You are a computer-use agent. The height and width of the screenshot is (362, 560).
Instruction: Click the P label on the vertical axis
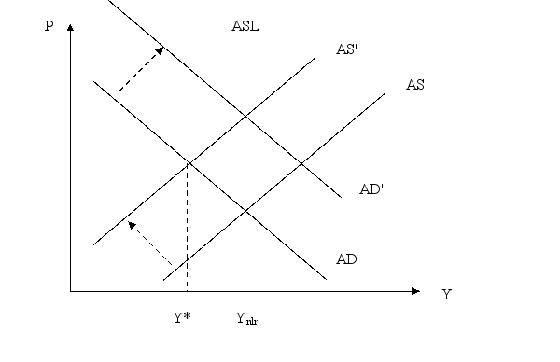coord(49,26)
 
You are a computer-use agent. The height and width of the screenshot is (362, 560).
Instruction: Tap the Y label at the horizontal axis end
coord(446,295)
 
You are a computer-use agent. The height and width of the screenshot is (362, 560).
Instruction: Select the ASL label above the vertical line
coord(245,26)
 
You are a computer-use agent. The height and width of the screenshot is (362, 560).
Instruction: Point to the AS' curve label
coord(348,50)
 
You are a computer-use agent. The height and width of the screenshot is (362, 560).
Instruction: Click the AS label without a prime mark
coord(416,85)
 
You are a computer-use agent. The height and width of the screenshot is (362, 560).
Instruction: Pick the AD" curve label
coord(373,188)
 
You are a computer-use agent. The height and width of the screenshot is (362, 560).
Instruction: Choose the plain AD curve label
coord(348,258)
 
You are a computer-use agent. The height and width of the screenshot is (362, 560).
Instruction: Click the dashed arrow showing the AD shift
coord(141,70)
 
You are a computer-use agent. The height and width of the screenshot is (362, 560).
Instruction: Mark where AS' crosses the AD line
coord(188,163)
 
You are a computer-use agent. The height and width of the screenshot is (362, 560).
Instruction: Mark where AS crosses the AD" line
coord(301,163)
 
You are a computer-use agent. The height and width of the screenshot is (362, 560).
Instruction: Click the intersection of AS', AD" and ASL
coord(245,116)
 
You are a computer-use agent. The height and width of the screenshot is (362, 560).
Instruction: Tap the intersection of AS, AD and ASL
coord(245,211)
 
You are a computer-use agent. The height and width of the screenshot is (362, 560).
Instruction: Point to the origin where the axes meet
coord(70,292)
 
